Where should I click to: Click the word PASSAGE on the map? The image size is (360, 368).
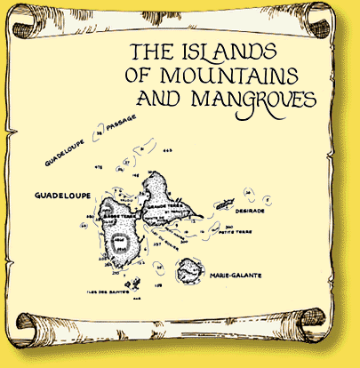coord(129,142)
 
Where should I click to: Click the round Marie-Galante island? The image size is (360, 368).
coord(190,268)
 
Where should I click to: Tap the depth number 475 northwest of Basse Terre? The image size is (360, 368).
coord(98,166)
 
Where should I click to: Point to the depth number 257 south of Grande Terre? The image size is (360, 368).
coord(157,244)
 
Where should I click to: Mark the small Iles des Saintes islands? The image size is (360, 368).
coord(132,286)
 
